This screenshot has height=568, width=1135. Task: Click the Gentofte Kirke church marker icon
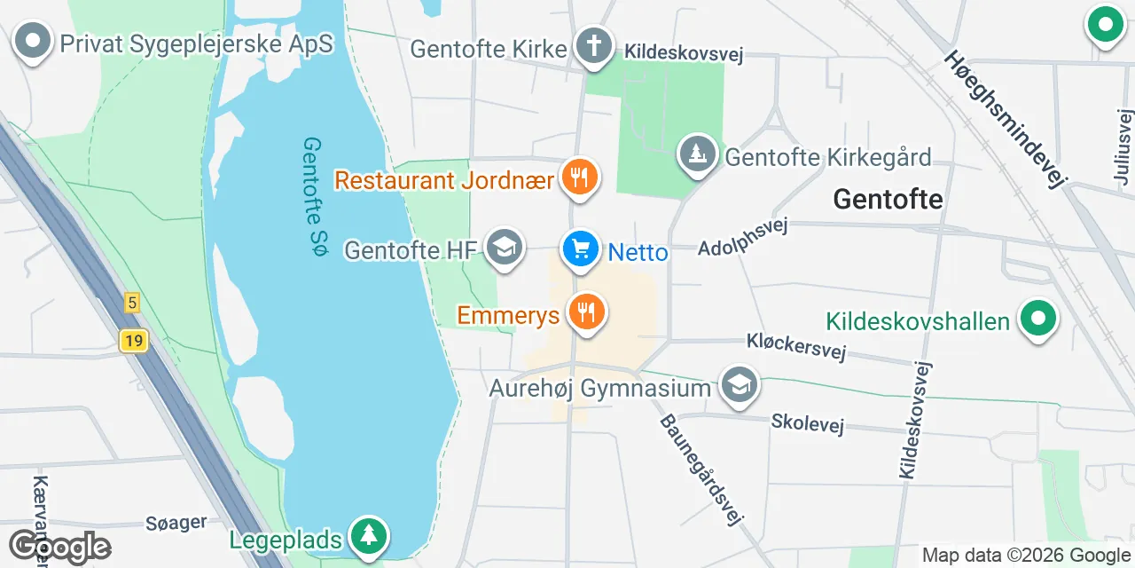[x=594, y=45]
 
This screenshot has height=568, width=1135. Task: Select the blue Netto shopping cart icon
[x=581, y=248]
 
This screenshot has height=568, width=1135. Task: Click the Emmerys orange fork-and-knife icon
[x=585, y=312]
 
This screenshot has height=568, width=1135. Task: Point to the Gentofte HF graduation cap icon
[x=505, y=248]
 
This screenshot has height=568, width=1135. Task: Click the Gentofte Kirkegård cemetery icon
[x=698, y=155]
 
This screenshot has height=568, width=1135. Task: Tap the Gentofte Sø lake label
[x=315, y=198]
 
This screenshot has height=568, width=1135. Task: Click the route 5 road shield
[x=131, y=303]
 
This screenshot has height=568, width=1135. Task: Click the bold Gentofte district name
[x=888, y=200]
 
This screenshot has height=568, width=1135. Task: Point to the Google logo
[x=59, y=547]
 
